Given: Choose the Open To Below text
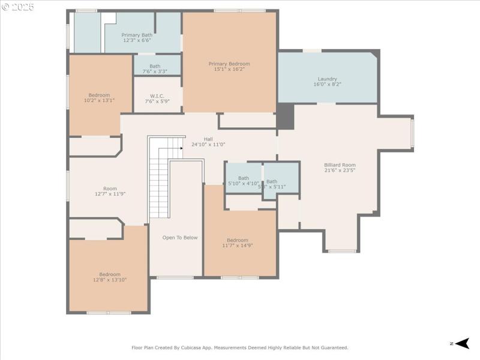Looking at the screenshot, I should pyautogui.click(x=179, y=238).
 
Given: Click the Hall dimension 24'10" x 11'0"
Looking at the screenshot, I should pyautogui.click(x=208, y=145).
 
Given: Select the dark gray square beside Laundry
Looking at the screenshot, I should pyautogui.click(x=286, y=116).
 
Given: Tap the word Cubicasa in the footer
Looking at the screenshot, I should pyautogui.click(x=213, y=347).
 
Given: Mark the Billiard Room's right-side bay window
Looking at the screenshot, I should pyautogui.click(x=412, y=133).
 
